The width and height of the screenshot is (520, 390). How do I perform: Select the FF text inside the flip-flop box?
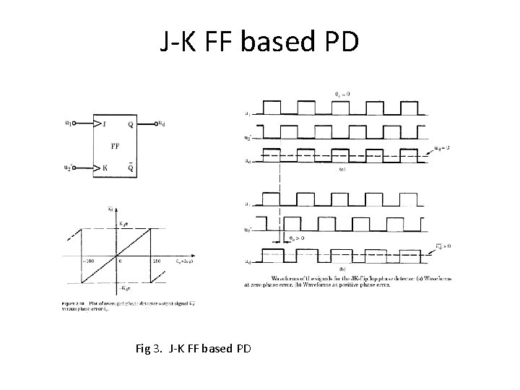pos(115,146)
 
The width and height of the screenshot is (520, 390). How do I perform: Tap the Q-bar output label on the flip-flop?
pos(130,170)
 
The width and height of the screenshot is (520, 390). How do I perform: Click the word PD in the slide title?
pos(337,43)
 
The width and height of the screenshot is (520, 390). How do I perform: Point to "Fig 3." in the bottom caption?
pos(149,349)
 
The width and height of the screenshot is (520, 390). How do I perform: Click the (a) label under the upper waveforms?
pos(344,170)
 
